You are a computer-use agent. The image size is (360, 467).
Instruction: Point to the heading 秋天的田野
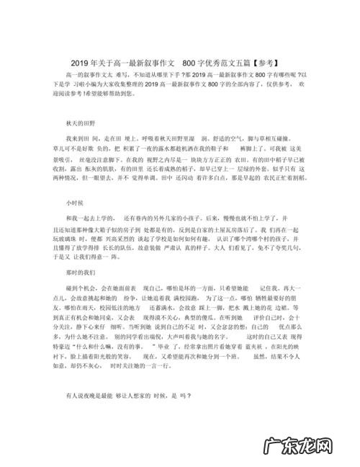pyautogui.click(x=80, y=123)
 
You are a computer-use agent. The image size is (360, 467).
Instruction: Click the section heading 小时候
pyautogui.click(x=76, y=203)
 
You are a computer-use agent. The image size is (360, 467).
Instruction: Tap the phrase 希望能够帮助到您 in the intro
pyautogui.click(x=123, y=94)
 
